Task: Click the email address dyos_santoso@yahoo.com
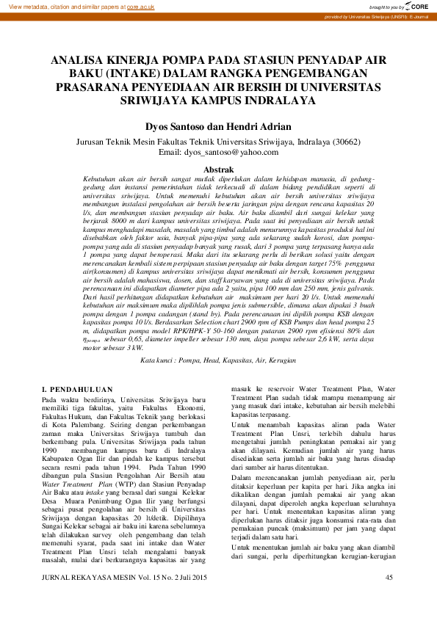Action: (233, 152)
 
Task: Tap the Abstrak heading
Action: (218, 169)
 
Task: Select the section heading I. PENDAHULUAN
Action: (77, 388)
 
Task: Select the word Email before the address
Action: (170, 152)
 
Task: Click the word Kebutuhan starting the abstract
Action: (104, 178)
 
